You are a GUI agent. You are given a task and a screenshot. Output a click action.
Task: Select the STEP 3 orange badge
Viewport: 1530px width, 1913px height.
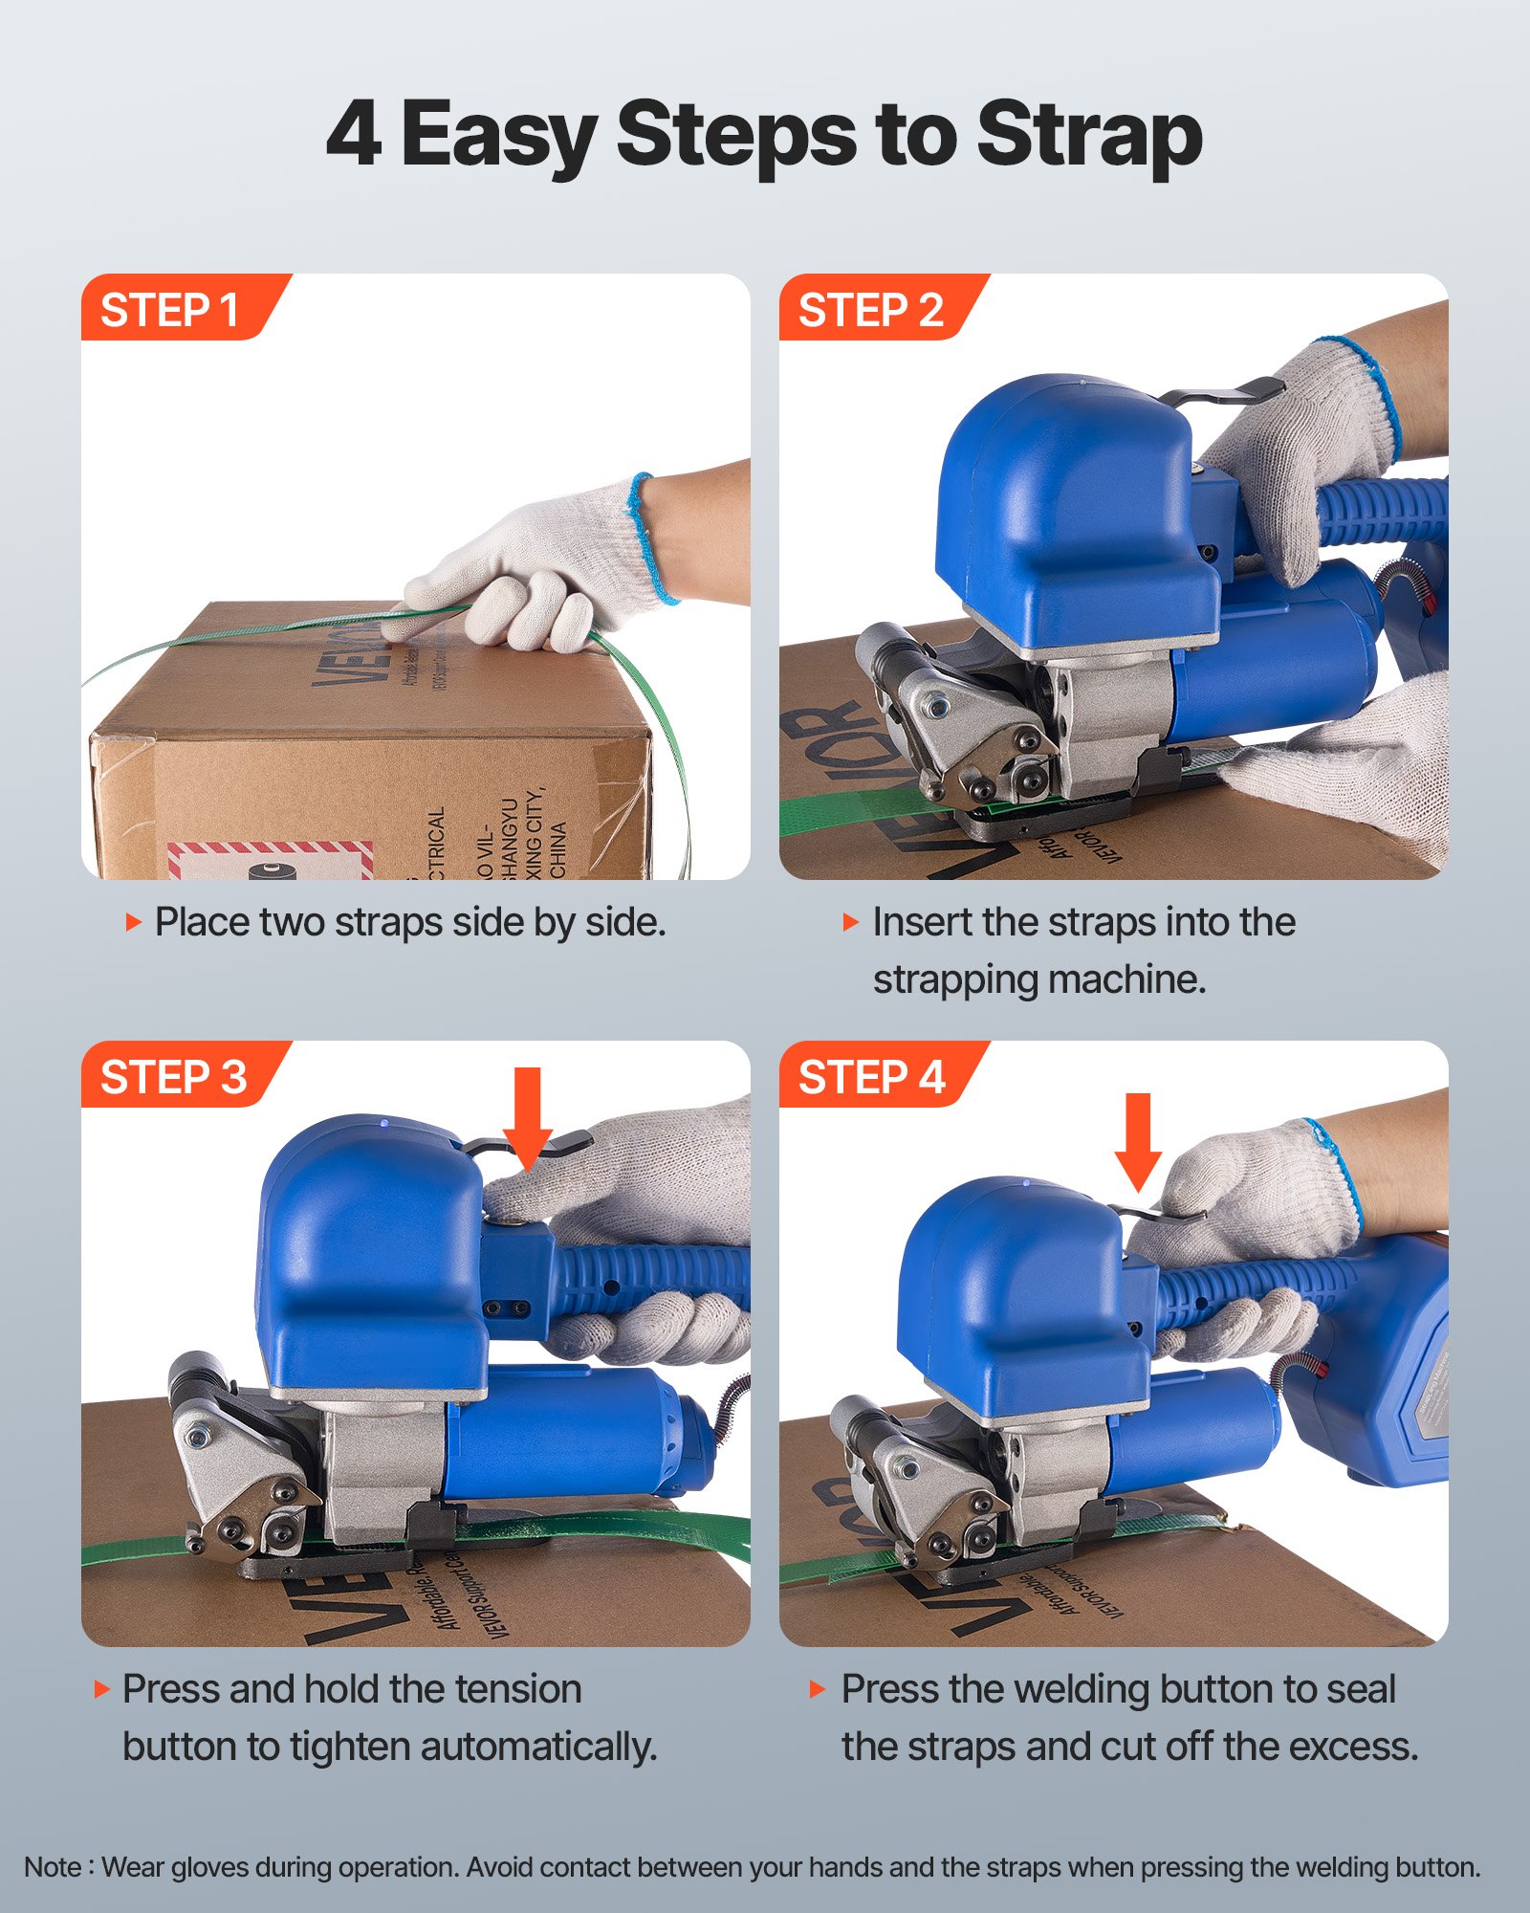pos(172,1077)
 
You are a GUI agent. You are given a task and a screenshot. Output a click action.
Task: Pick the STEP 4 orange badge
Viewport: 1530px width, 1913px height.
pos(870,1077)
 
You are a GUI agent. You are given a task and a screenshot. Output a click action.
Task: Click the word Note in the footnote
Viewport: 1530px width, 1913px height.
pos(53,1867)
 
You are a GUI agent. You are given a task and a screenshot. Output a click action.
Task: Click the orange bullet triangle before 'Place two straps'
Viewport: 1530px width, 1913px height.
pos(133,922)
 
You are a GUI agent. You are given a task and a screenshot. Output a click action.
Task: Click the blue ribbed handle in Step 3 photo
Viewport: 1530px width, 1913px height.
pos(650,1277)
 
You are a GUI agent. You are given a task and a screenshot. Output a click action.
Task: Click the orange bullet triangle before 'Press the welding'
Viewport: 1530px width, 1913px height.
pos(817,1689)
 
